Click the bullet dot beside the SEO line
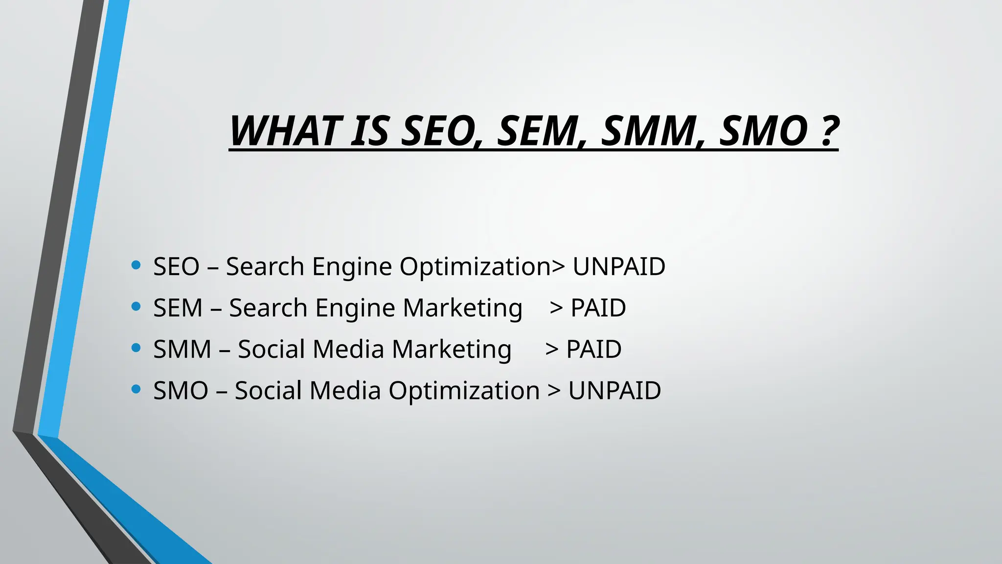click(137, 266)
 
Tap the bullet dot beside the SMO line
click(137, 390)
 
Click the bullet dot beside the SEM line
click(137, 307)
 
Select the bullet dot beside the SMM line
click(137, 348)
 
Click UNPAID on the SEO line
click(619, 267)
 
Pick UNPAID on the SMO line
click(615, 391)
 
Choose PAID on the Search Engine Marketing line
click(598, 308)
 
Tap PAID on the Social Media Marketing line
click(593, 350)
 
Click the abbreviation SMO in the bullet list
click(181, 391)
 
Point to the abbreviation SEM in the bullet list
click(178, 308)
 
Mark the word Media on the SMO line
click(345, 391)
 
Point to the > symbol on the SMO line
click(554, 391)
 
